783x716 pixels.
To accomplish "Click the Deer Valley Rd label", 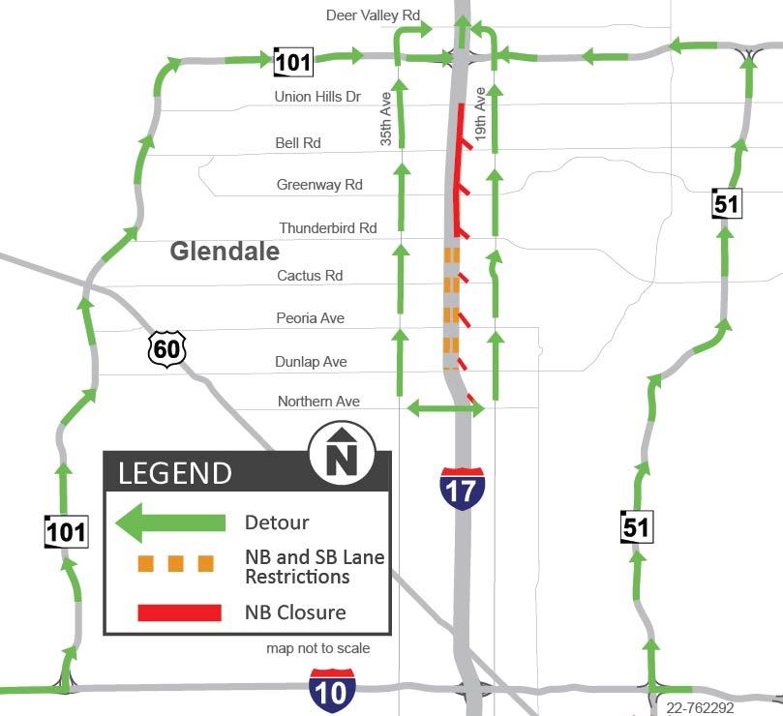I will pyautogui.click(x=374, y=15).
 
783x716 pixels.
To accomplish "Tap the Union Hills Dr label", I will pyautogui.click(x=317, y=97).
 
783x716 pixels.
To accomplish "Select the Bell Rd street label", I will pyautogui.click(x=298, y=143).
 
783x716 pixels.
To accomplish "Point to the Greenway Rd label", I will pyautogui.click(x=319, y=185).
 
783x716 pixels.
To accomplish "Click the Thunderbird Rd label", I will pyautogui.click(x=328, y=228).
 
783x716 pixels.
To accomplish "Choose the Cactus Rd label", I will pyautogui.click(x=310, y=276).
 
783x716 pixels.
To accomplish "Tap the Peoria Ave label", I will pyautogui.click(x=311, y=318).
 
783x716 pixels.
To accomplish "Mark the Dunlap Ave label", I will pyautogui.click(x=312, y=362).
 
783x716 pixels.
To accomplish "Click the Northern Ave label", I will pyautogui.click(x=318, y=401).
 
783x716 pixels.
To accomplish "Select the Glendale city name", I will pyautogui.click(x=225, y=252).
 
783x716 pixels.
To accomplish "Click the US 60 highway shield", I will pyautogui.click(x=166, y=348).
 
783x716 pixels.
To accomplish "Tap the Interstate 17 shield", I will pyautogui.click(x=462, y=489).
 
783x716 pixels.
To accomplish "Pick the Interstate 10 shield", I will pyautogui.click(x=332, y=689).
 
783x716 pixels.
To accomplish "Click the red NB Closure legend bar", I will pyautogui.click(x=179, y=612).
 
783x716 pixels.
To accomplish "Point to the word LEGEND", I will pyautogui.click(x=175, y=473).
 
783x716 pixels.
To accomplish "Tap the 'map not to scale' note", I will pyautogui.click(x=317, y=648).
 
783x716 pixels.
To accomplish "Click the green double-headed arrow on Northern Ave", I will pyautogui.click(x=444, y=409).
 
